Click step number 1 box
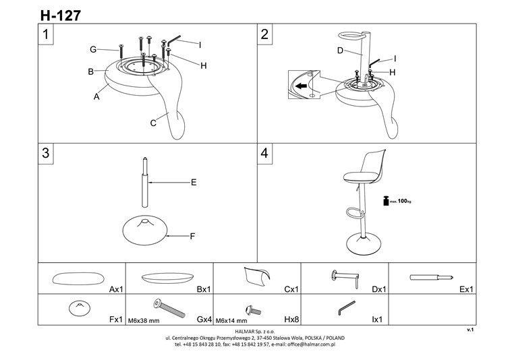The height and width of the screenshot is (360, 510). pyautogui.click(x=46, y=35)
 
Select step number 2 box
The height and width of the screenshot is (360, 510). pyautogui.click(x=265, y=35)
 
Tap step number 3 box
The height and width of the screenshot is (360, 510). pyautogui.click(x=46, y=153)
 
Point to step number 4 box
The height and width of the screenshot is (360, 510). pyautogui.click(x=265, y=153)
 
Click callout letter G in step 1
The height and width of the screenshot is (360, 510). pyautogui.click(x=94, y=49)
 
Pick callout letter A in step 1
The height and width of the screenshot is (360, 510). pyautogui.click(x=96, y=96)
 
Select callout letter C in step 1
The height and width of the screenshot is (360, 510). pyautogui.click(x=153, y=123)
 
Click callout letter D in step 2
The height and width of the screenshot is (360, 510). pyautogui.click(x=340, y=51)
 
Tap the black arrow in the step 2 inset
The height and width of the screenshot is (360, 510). pyautogui.click(x=304, y=86)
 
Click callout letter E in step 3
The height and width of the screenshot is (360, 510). pyautogui.click(x=193, y=182)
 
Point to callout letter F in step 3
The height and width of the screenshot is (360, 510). pyautogui.click(x=193, y=236)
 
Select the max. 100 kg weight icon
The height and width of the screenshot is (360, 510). pyautogui.click(x=387, y=200)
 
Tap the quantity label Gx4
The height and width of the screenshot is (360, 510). pyautogui.click(x=204, y=320)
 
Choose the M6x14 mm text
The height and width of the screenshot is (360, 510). pyautogui.click(x=230, y=320)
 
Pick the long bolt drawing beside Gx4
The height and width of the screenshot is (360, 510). pyautogui.click(x=171, y=308)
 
